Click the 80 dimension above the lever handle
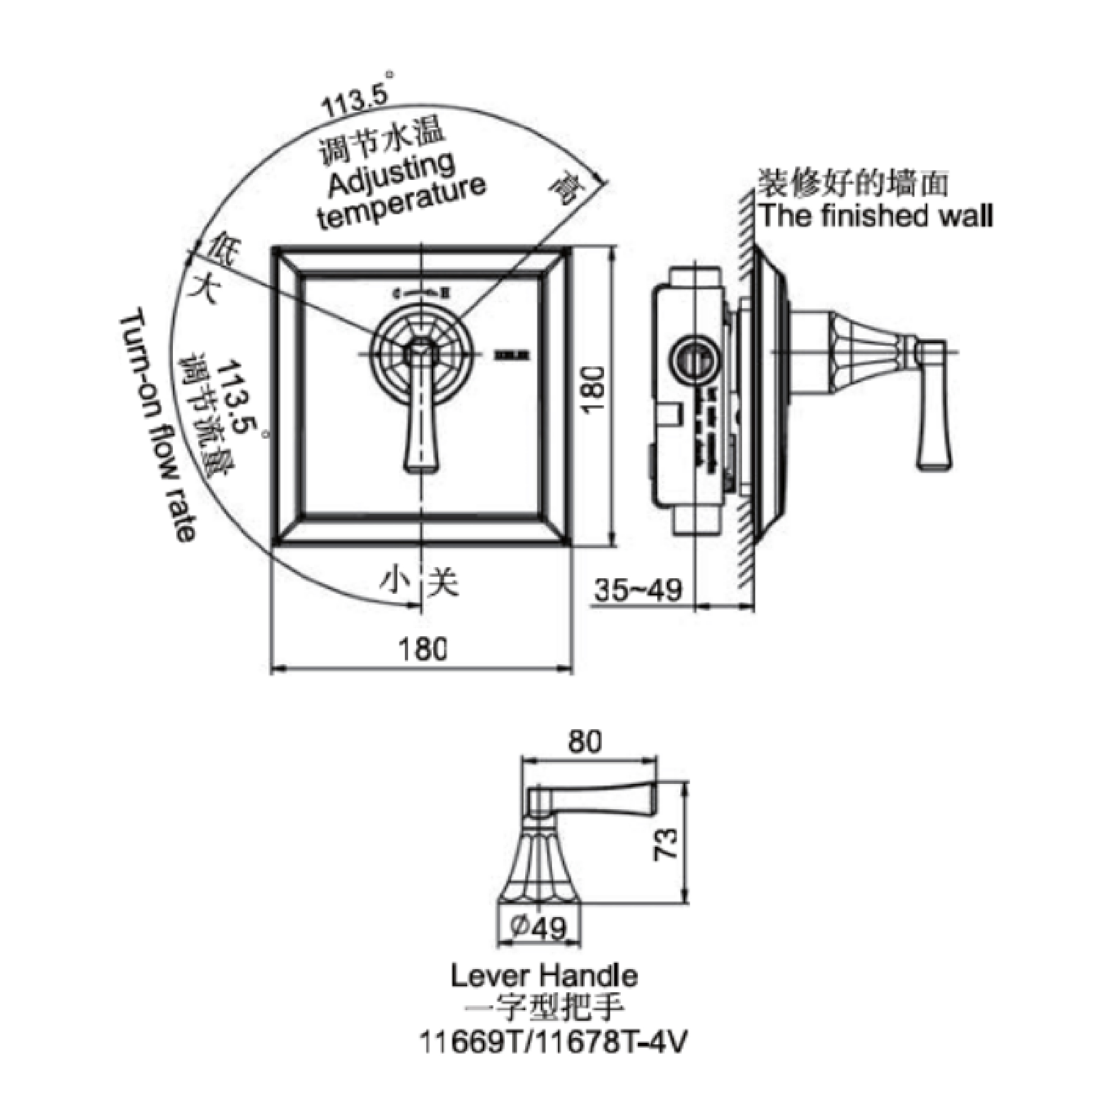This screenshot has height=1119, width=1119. pos(585,742)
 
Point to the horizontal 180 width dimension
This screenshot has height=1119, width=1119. pos(422,649)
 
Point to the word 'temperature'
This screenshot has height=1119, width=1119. pos(403,204)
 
